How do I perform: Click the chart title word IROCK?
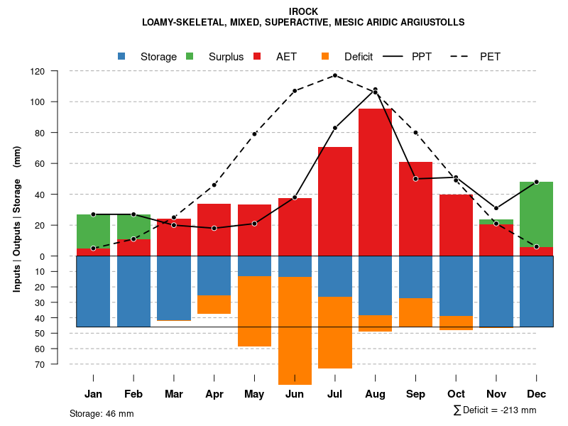[303, 11]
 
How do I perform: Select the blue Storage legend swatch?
[122, 56]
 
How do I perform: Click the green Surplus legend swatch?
[190, 56]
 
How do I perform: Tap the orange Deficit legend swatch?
[326, 56]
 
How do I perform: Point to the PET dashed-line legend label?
[490, 56]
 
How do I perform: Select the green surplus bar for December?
[537, 214]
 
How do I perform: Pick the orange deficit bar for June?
[295, 330]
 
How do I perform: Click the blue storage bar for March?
[174, 288]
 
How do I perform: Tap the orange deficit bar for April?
[214, 305]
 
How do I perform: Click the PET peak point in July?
[335, 75]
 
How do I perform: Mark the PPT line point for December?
[537, 182]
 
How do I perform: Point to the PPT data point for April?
[214, 228]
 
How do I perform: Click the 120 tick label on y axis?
[58, 71]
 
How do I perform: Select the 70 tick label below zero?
[60, 364]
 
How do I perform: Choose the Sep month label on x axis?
[415, 394]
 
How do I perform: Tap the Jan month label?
[93, 394]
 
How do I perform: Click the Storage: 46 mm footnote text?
[102, 413]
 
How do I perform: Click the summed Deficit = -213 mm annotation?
[495, 410]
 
